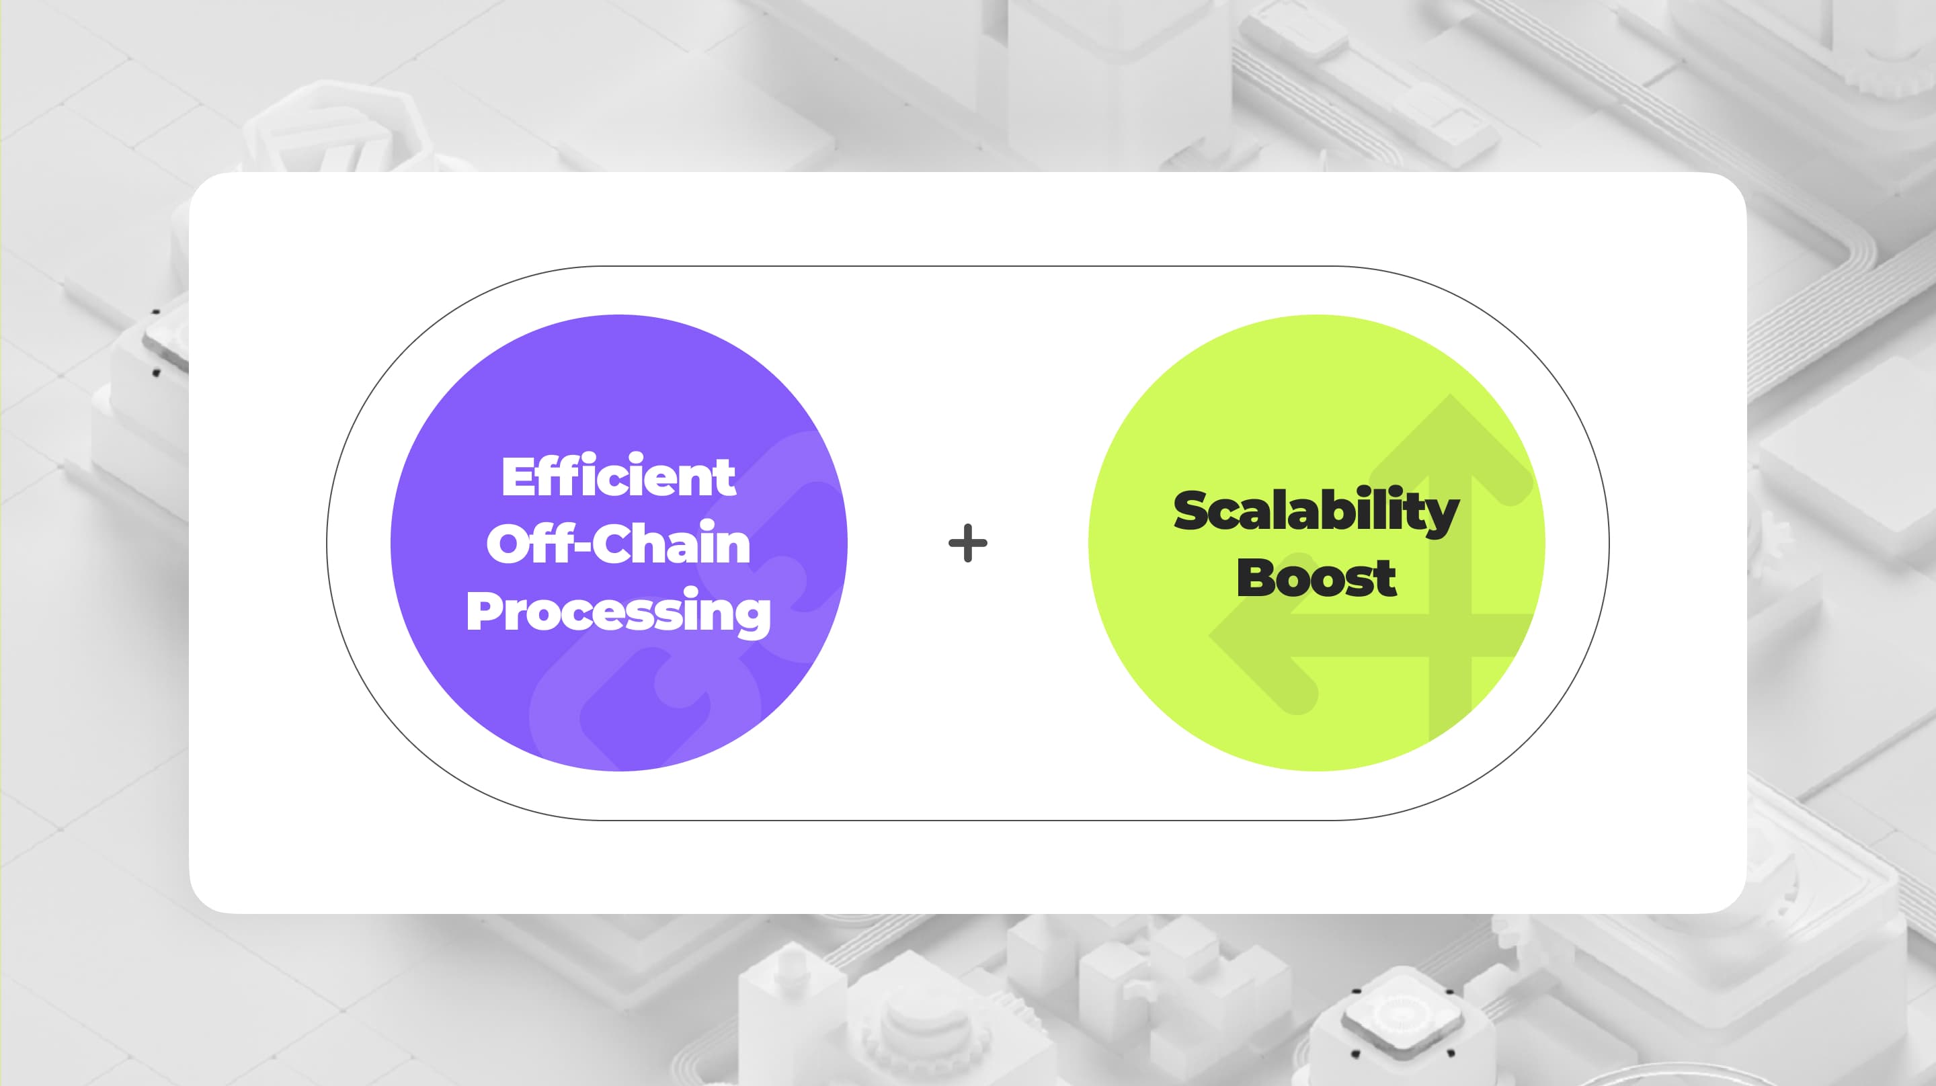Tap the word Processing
click(618, 611)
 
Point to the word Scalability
click(1316, 511)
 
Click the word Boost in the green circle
click(1316, 578)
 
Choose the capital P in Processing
click(483, 611)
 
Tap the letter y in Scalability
click(1441, 517)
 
